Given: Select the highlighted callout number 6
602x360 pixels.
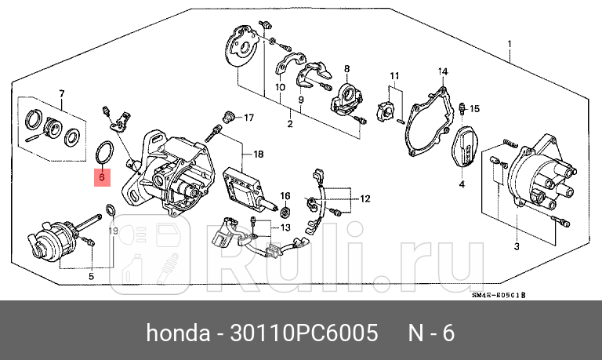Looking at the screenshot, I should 100,177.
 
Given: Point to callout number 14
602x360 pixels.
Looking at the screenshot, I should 442,72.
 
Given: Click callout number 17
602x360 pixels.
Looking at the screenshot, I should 248,118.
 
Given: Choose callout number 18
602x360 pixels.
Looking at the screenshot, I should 258,155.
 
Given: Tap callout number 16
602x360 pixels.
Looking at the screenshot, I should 285,195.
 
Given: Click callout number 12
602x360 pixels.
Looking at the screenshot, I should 364,199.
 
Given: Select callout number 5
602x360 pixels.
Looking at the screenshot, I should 90,275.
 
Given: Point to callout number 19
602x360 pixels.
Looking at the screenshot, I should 113,231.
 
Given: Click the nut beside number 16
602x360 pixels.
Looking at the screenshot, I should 285,210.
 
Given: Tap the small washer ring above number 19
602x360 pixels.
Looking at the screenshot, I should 112,209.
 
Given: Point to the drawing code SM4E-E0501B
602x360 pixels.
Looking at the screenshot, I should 498,296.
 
